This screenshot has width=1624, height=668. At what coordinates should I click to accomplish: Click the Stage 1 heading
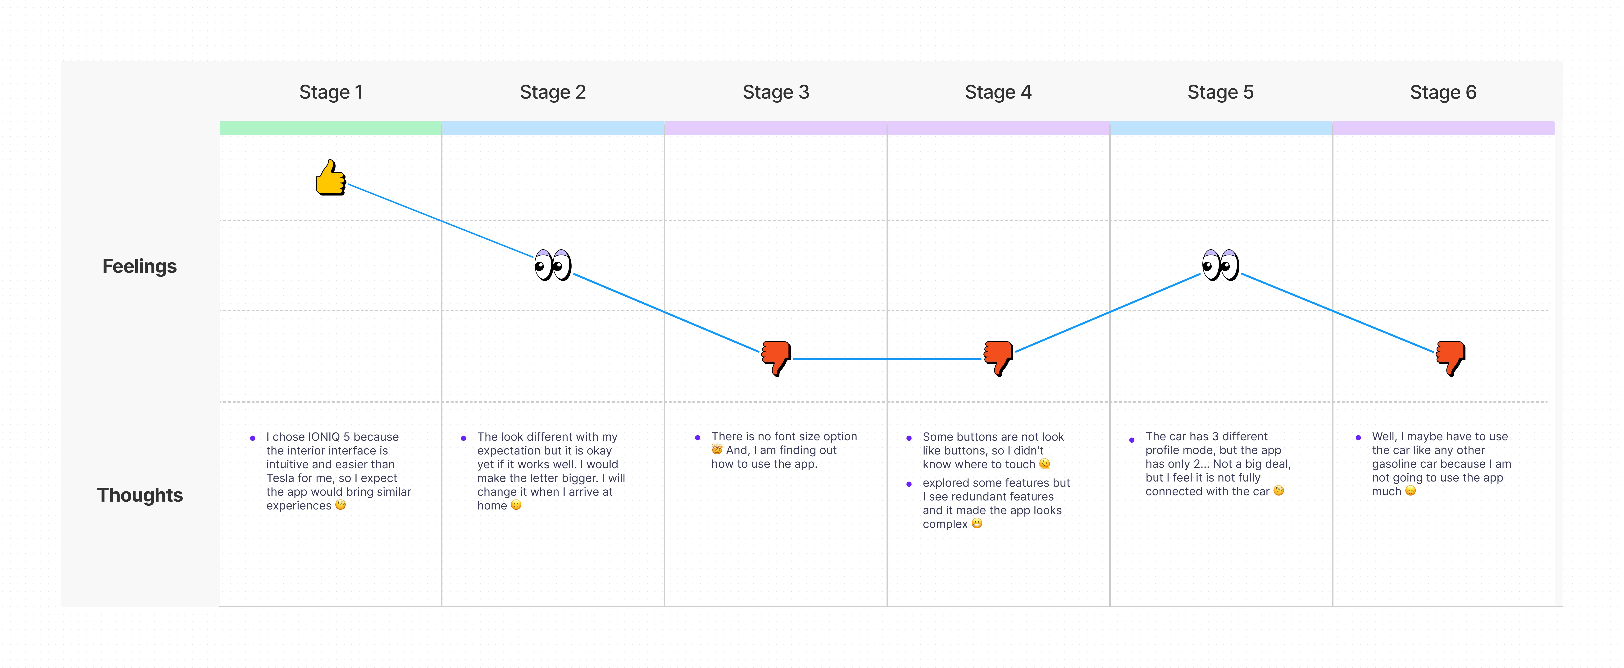point(331,92)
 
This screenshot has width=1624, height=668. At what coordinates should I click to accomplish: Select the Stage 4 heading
point(998,92)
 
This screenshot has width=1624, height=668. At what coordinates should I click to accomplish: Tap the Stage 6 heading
point(1443,92)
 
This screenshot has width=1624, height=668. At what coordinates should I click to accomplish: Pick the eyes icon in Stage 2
point(553,265)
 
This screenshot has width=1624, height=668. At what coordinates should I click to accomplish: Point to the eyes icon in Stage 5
point(1220,265)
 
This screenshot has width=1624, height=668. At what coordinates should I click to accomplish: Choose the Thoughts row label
point(140,495)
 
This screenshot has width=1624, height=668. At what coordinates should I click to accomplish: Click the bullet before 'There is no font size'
point(697,437)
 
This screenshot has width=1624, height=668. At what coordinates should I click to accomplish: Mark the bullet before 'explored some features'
point(909,484)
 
